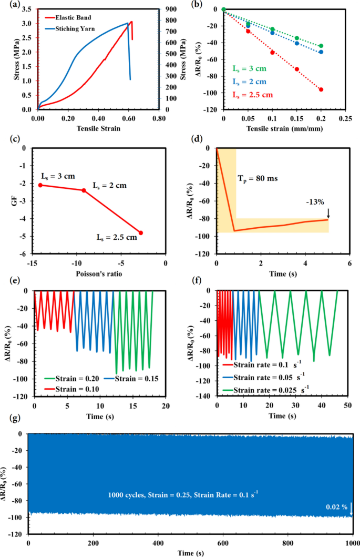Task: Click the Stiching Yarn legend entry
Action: [74, 28]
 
